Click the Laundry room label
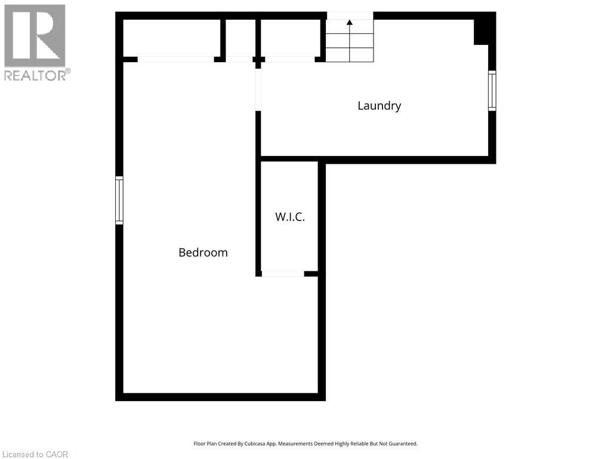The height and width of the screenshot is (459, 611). point(379,106)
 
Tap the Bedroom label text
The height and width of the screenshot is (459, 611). point(203,253)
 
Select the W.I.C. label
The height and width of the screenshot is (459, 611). point(290,217)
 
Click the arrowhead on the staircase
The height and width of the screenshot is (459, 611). point(350,23)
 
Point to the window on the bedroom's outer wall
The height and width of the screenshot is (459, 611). point(119,200)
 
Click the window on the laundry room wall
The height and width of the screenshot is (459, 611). point(492,91)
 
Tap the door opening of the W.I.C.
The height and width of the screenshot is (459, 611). point(283,274)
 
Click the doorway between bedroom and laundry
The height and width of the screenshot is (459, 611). point(258,90)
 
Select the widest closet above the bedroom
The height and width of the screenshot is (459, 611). point(172,38)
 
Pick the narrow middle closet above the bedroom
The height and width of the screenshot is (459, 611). point(241,38)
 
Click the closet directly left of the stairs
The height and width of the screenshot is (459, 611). point(291,38)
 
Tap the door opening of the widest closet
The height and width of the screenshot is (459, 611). point(176,59)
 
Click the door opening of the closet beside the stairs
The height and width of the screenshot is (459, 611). point(290,59)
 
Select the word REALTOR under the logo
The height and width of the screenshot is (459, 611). point(35,75)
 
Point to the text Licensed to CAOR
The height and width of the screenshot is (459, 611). point(35,454)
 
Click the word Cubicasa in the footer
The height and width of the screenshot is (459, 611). point(254,444)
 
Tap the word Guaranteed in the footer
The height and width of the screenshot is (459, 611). point(403,444)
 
